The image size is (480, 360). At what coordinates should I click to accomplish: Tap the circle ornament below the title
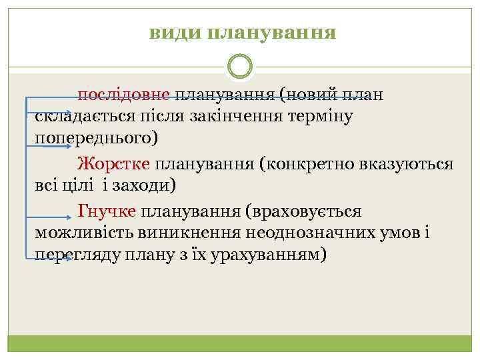click(240, 67)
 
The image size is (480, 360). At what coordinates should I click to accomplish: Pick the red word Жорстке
click(114, 164)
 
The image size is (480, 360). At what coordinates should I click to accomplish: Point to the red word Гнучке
click(107, 211)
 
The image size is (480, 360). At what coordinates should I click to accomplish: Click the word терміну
click(323, 117)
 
